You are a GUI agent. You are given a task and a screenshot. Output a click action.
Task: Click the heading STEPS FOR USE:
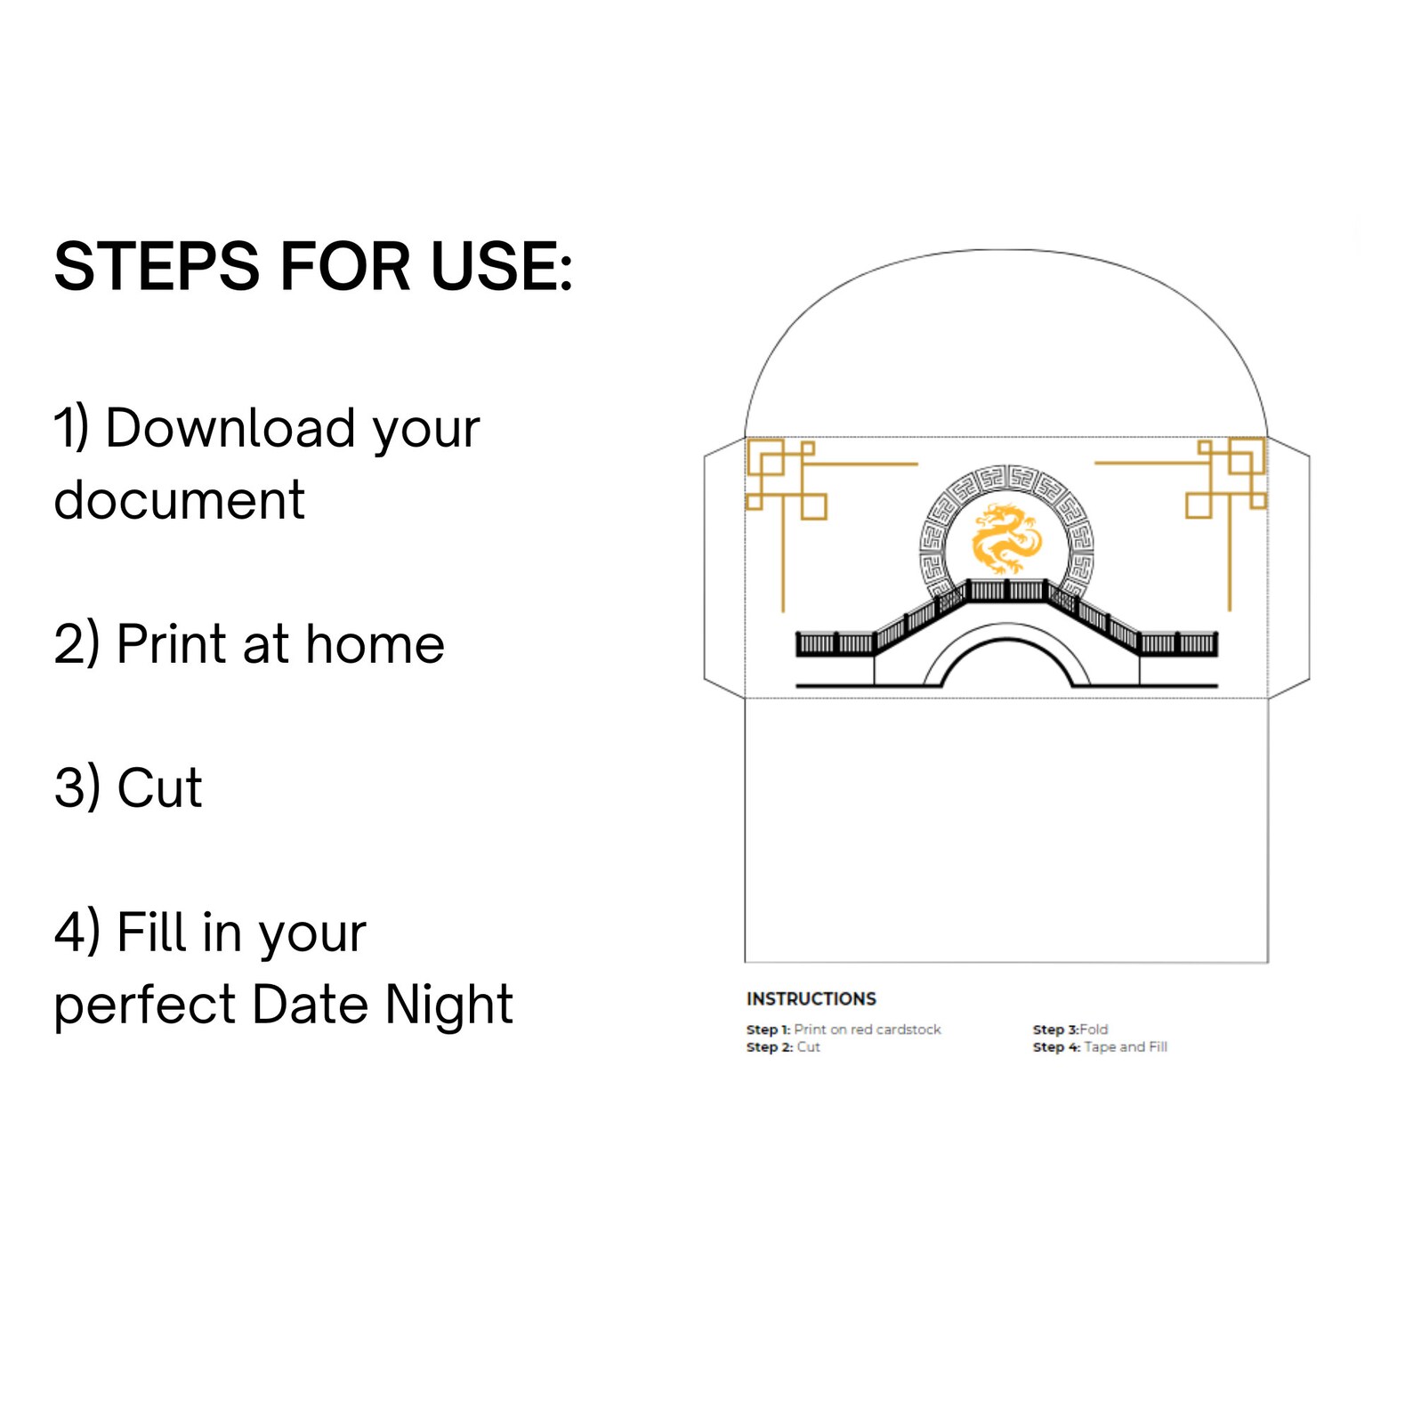[x=313, y=266]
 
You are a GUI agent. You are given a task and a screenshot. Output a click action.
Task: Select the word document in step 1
[x=179, y=499]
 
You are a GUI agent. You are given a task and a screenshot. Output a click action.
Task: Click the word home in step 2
[x=375, y=643]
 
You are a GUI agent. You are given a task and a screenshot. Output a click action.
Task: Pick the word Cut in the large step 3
[x=159, y=787]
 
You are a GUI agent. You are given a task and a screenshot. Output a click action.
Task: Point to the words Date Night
[x=383, y=1004]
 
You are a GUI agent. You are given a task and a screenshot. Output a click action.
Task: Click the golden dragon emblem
[x=1006, y=538]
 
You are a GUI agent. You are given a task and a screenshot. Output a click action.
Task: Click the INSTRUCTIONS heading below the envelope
[x=811, y=998]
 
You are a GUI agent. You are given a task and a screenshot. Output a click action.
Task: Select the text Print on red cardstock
[x=868, y=1029]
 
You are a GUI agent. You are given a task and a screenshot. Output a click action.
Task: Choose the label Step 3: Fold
[x=1070, y=1029]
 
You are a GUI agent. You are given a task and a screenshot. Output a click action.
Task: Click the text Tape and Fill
[x=1126, y=1047]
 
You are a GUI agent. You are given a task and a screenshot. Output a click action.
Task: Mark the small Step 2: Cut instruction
[x=783, y=1047]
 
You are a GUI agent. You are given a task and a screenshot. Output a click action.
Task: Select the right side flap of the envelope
[x=1288, y=568]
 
